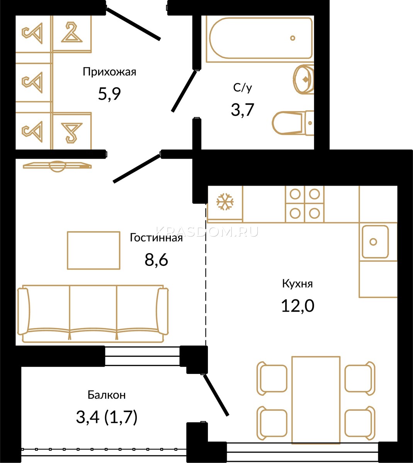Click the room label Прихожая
pyautogui.click(x=109, y=72)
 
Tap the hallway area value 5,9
pyautogui.click(x=109, y=94)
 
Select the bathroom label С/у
pyautogui.click(x=243, y=88)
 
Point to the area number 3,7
pyautogui.click(x=243, y=110)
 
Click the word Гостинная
pyautogui.click(x=156, y=238)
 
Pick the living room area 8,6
pyautogui.click(x=156, y=260)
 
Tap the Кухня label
pyautogui.click(x=297, y=284)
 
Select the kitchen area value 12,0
pyautogui.click(x=297, y=306)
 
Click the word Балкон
pyautogui.click(x=107, y=395)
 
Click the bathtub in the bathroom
pyautogui.click(x=261, y=38)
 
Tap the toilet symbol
pyautogui.click(x=293, y=123)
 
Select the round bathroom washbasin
pyautogui.click(x=303, y=79)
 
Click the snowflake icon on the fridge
pyautogui.click(x=225, y=202)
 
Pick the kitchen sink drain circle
pyautogui.click(x=373, y=242)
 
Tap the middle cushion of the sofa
pyautogui.click(x=93, y=309)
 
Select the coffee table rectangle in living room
pyautogui.click(x=93, y=250)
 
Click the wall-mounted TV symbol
pyautogui.click(x=57, y=166)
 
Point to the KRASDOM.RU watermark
pyautogui.click(x=207, y=231)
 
